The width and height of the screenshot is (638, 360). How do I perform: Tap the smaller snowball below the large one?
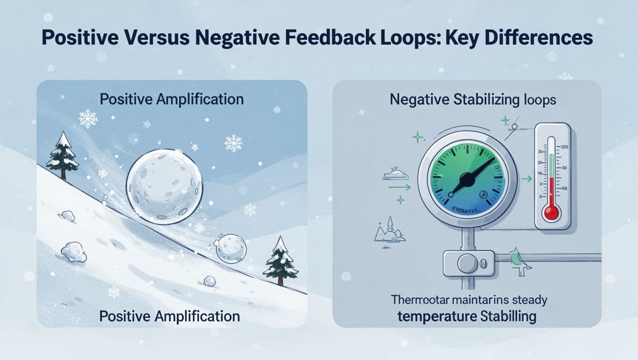231,247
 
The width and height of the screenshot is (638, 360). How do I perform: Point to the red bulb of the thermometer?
551,212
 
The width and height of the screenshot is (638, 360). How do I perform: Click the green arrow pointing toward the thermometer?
527,178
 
